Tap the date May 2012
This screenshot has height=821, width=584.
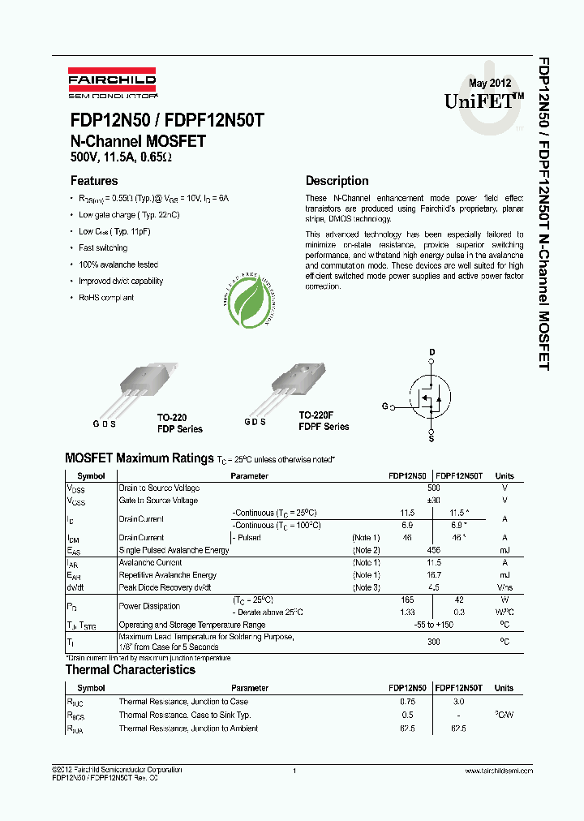click(489, 84)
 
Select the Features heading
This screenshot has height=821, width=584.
click(94, 181)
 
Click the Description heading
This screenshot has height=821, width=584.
click(337, 181)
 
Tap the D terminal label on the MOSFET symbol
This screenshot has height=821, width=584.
click(432, 351)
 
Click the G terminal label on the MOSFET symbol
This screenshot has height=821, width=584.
click(384, 406)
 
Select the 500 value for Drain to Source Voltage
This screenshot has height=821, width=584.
click(433, 488)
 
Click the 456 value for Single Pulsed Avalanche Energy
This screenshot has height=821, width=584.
click(433, 550)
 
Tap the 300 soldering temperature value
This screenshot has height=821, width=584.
click(433, 641)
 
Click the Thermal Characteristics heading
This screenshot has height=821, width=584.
click(130, 670)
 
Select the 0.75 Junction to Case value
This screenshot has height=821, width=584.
click(407, 702)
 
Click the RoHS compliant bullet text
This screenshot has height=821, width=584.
click(106, 298)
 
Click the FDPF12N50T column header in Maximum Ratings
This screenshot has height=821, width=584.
click(459, 476)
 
